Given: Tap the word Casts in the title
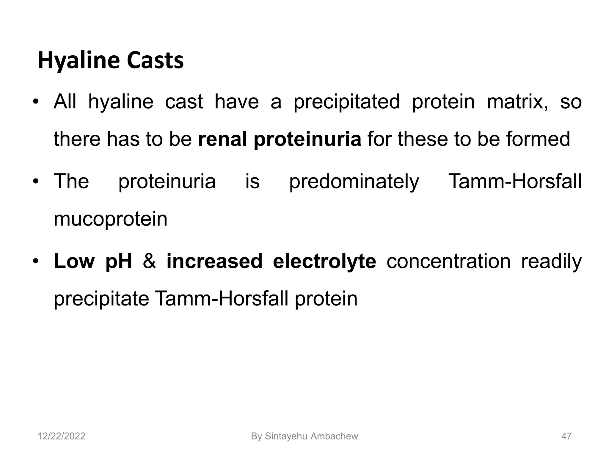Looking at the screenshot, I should click(155, 61).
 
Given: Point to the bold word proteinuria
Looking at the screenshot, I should click(307, 140).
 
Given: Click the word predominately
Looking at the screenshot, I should click(354, 181).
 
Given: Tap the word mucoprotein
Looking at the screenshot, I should click(111, 220).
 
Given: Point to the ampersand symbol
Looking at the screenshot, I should click(149, 261).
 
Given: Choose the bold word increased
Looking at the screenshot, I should click(214, 261).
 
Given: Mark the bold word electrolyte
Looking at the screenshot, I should click(324, 261).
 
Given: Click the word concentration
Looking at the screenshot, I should click(448, 261).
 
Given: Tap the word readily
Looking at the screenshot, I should click(551, 261).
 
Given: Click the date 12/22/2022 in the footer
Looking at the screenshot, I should click(61, 436).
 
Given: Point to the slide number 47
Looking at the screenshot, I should click(566, 436).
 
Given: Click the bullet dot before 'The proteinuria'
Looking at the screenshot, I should click(36, 181).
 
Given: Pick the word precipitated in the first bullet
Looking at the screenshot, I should click(347, 102).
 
